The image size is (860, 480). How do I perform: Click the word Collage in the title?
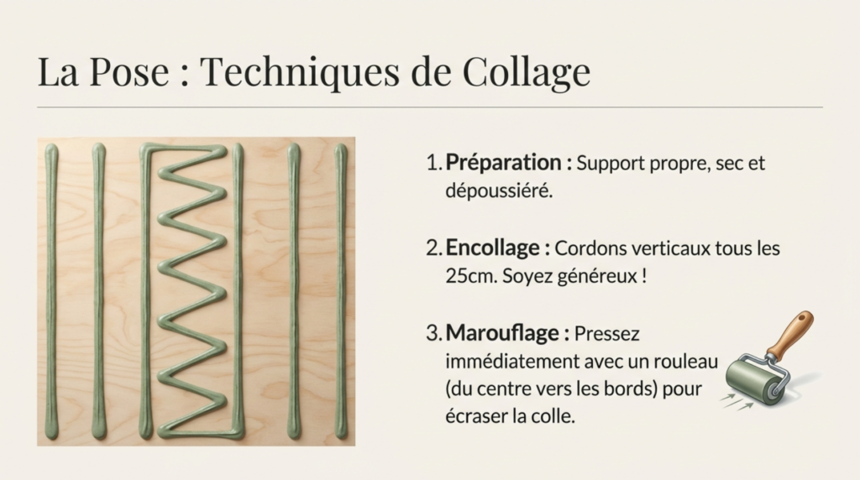click(526, 72)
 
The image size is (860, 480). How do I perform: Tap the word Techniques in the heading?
click(300, 71)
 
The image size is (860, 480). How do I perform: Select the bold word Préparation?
click(503, 164)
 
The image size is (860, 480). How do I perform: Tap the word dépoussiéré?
click(499, 191)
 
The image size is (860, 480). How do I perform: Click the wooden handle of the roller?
click(790, 333)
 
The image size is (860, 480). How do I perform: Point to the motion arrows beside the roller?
click(736, 402)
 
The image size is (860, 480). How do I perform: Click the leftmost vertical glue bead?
click(51, 291)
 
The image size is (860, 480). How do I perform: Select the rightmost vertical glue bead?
click(341, 291)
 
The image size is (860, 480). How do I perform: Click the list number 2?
click(433, 248)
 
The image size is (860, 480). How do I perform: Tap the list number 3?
click(433, 333)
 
